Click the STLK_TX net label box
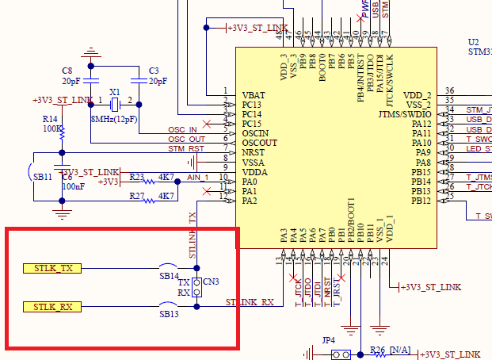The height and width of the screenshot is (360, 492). coord(52,269)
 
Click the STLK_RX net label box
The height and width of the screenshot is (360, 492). coord(52,307)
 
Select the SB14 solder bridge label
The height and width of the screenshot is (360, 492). coord(170,276)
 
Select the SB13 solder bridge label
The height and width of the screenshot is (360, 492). coord(170,315)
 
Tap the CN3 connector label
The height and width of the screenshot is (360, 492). coord(212,281)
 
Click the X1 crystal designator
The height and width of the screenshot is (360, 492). coord(115,91)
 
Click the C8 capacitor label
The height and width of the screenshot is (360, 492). coord(67,71)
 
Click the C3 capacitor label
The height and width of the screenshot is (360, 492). coord(154,71)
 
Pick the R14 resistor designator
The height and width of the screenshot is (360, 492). coord(50,118)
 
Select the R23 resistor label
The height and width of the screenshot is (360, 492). coord(136,178)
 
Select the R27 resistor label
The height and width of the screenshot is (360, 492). coord(136,195)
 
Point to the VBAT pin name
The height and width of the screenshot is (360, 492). coord(254,94)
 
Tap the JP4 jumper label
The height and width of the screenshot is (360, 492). coord(328,339)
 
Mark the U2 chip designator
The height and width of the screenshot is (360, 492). coord(473,41)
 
